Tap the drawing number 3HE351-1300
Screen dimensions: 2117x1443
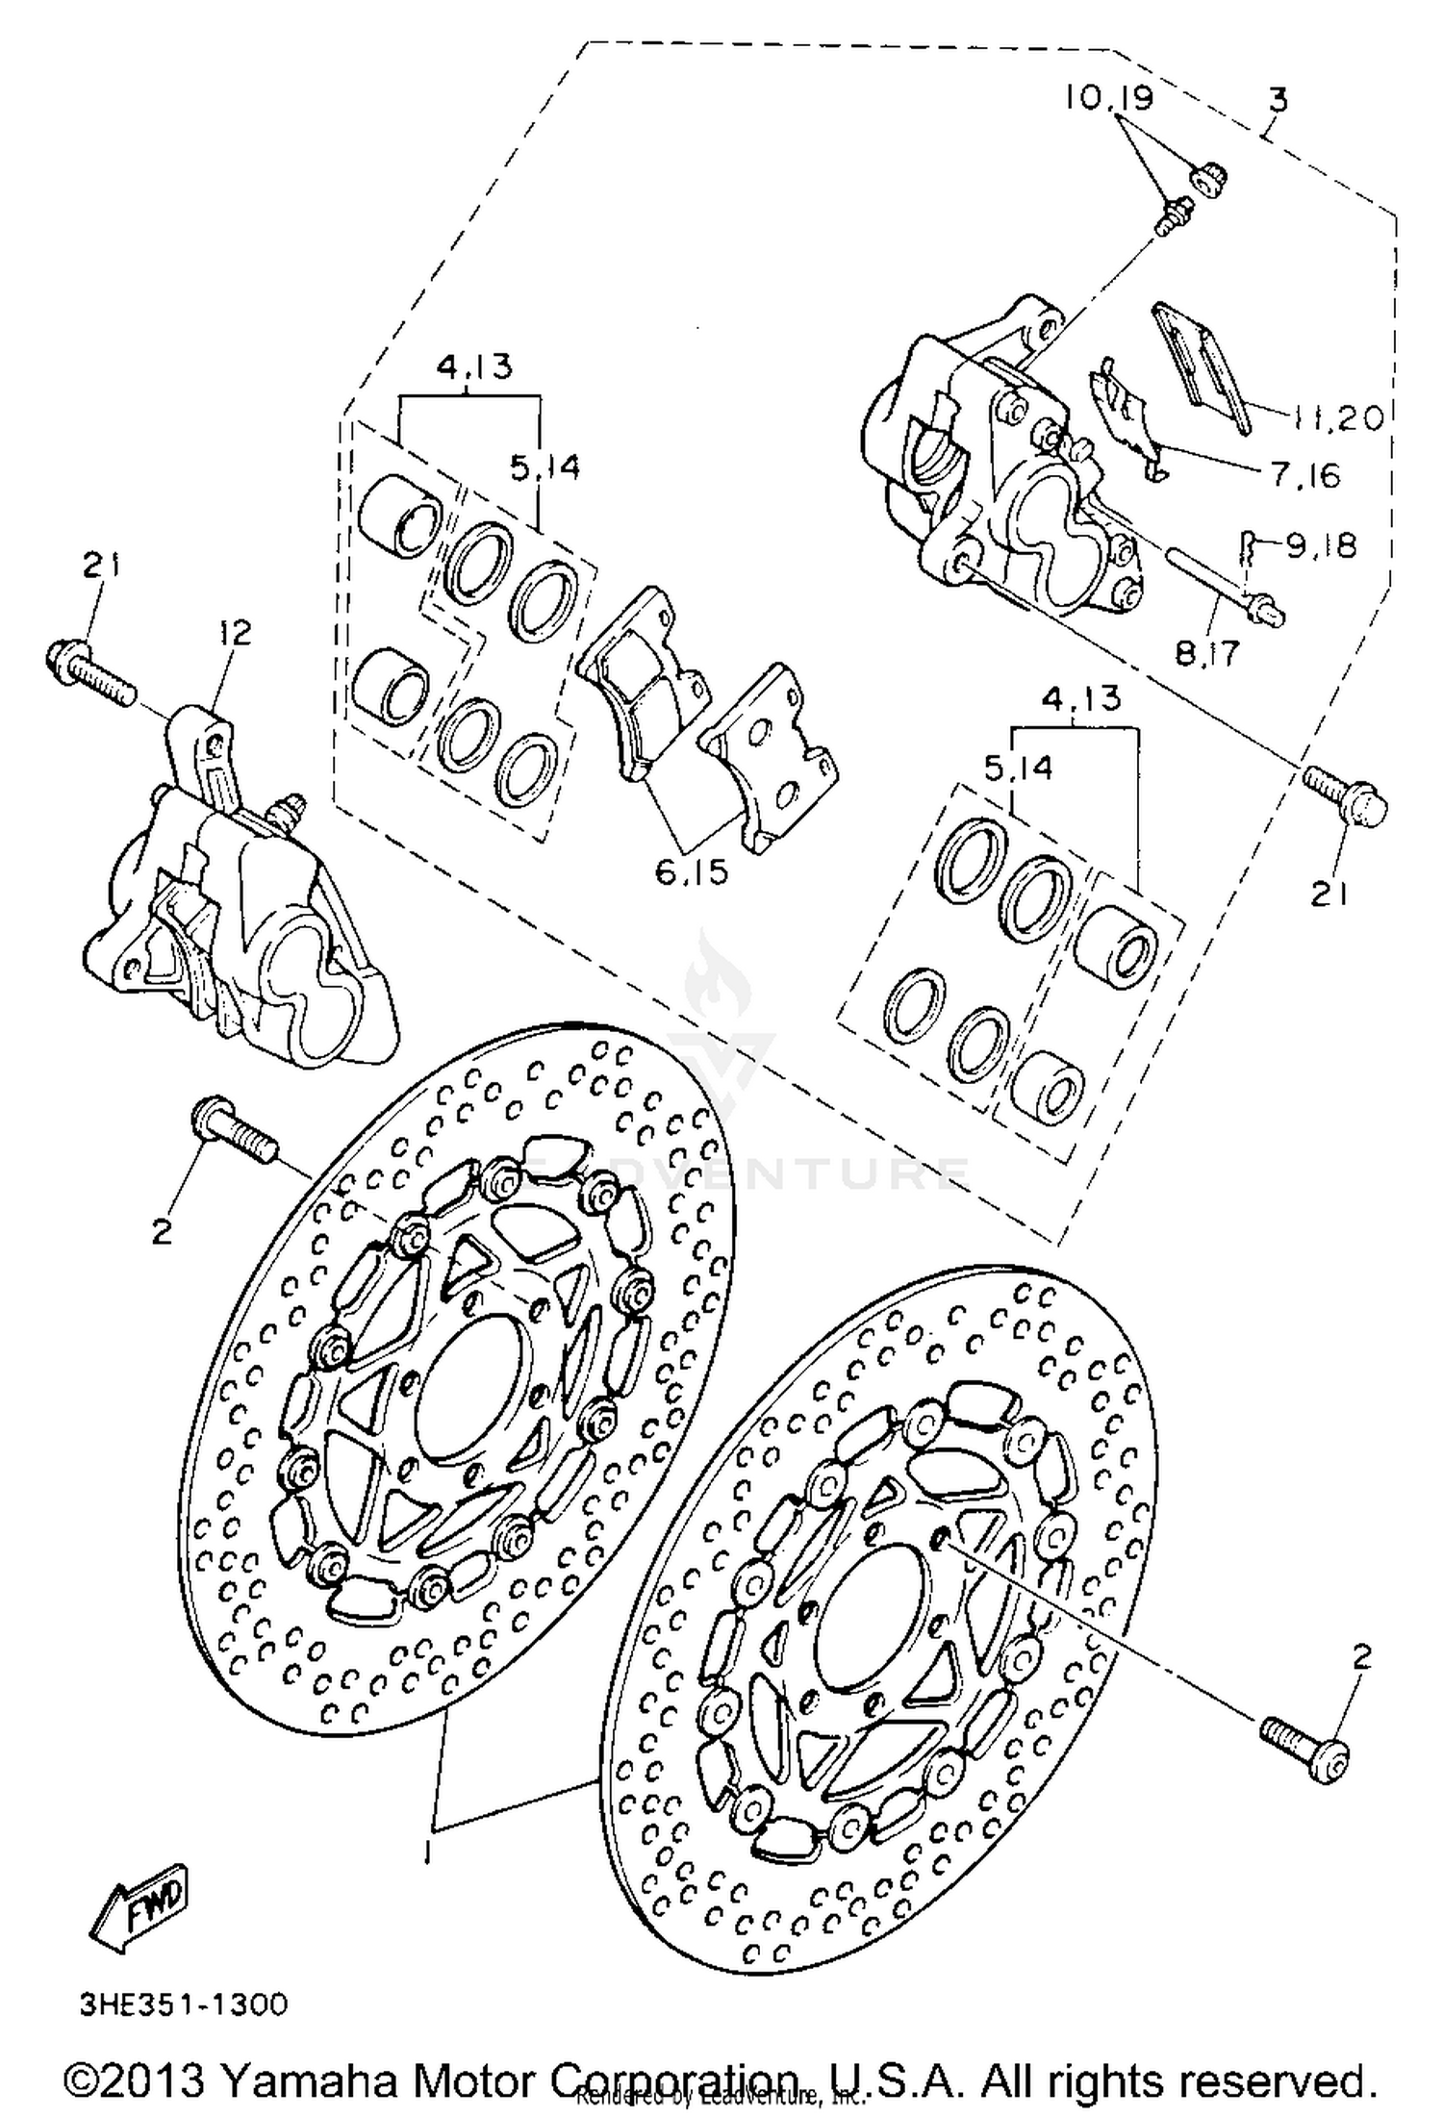183,2004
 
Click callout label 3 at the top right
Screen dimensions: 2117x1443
1278,99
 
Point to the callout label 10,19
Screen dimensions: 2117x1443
1109,98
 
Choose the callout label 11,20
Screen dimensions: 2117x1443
1338,416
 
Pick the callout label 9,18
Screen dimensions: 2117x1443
1320,545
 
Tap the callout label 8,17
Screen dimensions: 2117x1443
1207,653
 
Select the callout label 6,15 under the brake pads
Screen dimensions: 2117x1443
692,871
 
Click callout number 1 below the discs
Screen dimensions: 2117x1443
429,1849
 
